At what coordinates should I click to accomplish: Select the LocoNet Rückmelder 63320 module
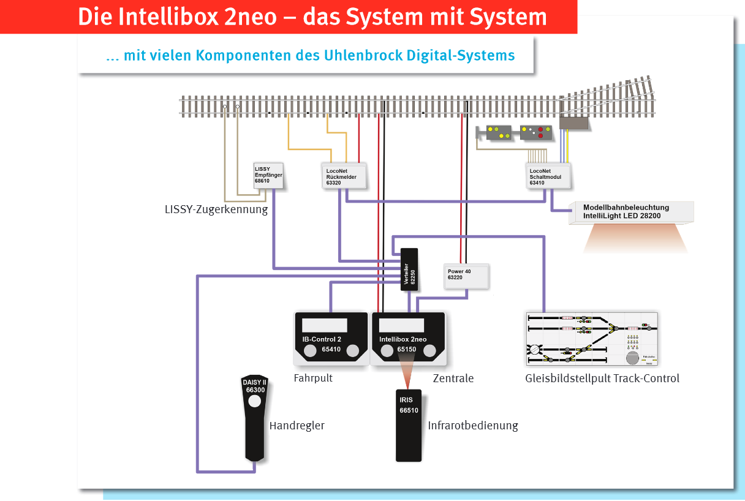[344, 175]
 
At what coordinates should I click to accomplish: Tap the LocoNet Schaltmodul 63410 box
[549, 176]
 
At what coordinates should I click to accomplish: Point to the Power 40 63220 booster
[466, 276]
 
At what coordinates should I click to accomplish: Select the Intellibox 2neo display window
[402, 325]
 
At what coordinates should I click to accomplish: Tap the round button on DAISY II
[255, 401]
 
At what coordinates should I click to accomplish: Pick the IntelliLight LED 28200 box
[631, 212]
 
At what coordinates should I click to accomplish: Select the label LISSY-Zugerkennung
[216, 209]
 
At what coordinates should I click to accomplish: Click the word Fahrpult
[313, 378]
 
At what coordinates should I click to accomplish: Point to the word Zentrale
[453, 379]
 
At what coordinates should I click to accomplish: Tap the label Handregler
[297, 426]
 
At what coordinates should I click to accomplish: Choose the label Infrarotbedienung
[473, 426]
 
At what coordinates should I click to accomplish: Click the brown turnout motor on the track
[573, 122]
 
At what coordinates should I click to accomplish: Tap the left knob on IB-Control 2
[311, 350]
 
